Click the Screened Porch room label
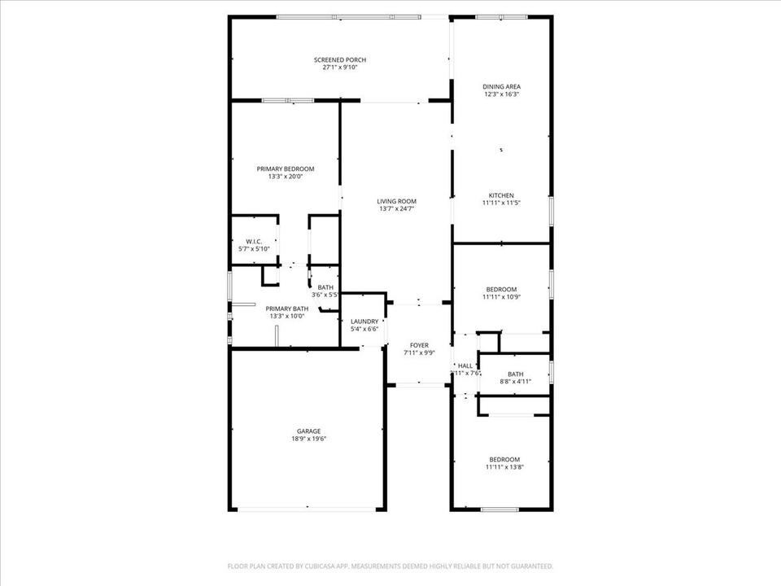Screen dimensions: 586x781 pyautogui.click(x=340, y=59)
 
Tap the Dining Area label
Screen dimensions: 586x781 pyautogui.click(x=501, y=86)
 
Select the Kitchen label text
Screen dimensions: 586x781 pyautogui.click(x=501, y=195)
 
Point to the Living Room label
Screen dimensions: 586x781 pyautogui.click(x=396, y=201)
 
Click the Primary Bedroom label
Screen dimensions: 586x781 pyautogui.click(x=285, y=168)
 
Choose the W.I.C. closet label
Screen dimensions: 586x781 pyautogui.click(x=252, y=241)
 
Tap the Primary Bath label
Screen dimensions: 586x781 pyautogui.click(x=287, y=308)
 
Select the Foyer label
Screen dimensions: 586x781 pyautogui.click(x=419, y=345)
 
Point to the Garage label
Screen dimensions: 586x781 pyautogui.click(x=308, y=431)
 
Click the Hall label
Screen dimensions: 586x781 pyautogui.click(x=465, y=366)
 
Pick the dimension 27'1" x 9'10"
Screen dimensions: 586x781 pyautogui.click(x=340, y=68)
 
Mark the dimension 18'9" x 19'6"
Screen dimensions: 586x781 pyautogui.click(x=308, y=439)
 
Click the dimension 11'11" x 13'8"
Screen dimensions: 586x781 pyautogui.click(x=504, y=467)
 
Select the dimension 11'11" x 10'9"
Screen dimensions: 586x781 pyautogui.click(x=501, y=297)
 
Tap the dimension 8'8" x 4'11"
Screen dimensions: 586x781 pyautogui.click(x=515, y=381)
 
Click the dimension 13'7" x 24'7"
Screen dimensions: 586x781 pyautogui.click(x=396, y=209)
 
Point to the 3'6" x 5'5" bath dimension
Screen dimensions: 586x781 pyautogui.click(x=325, y=294)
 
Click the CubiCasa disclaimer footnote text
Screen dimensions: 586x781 pyautogui.click(x=390, y=566)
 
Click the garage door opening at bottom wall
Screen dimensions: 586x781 pyautogui.click(x=308, y=509)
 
